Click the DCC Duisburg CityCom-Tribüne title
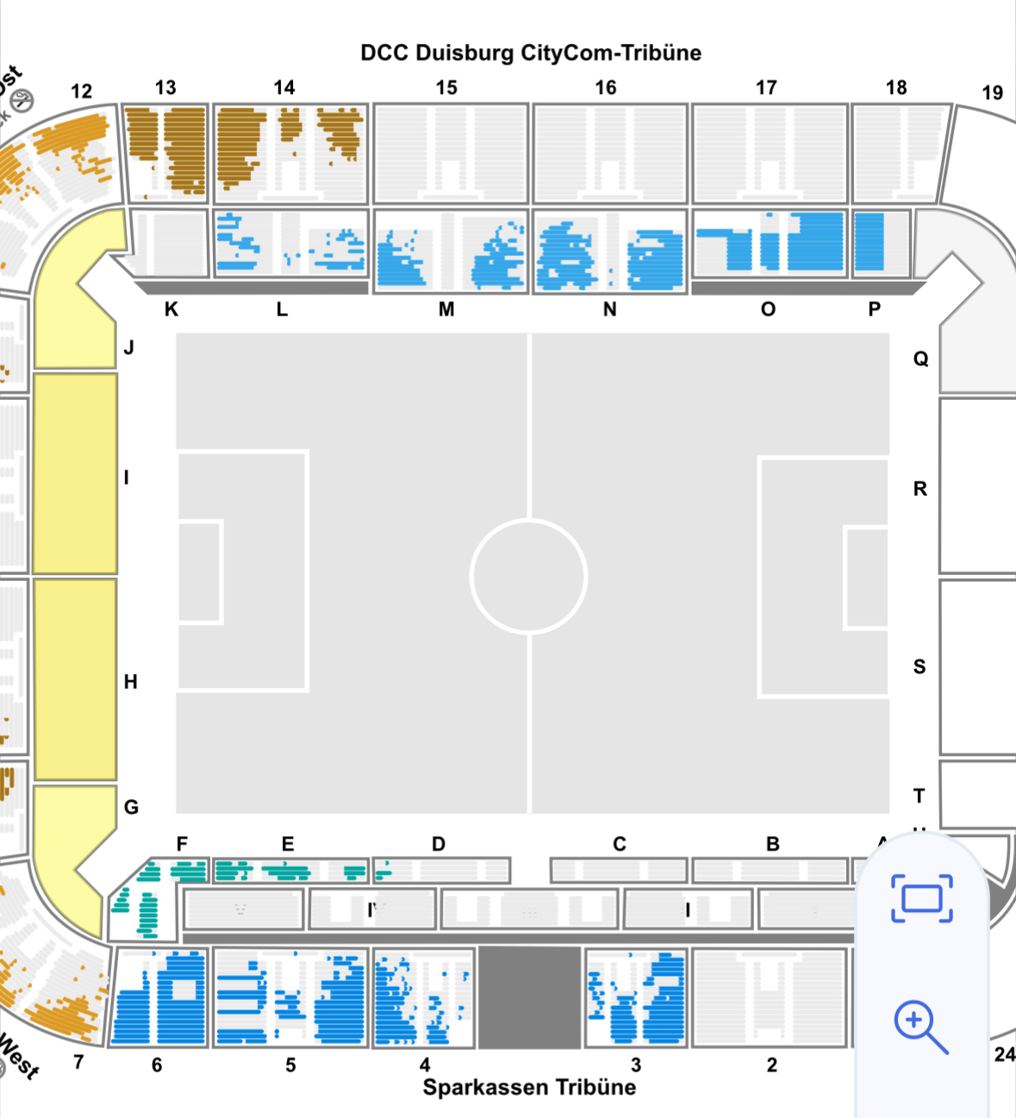point(530,53)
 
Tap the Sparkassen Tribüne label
point(529,1087)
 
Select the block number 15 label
point(446,88)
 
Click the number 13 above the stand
point(165,88)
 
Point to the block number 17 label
point(766,88)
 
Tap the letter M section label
point(446,309)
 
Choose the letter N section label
point(609,309)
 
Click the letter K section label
point(171,309)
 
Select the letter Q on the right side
point(920,359)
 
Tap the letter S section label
point(919,666)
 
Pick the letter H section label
point(130,682)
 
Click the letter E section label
point(288,844)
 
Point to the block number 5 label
point(290,1065)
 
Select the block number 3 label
point(636,1065)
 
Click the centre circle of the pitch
point(529,576)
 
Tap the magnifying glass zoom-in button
point(920,1027)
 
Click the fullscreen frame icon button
point(921,898)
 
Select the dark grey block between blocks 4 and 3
point(529,997)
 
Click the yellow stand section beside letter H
point(75,679)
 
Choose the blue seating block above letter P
point(870,242)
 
